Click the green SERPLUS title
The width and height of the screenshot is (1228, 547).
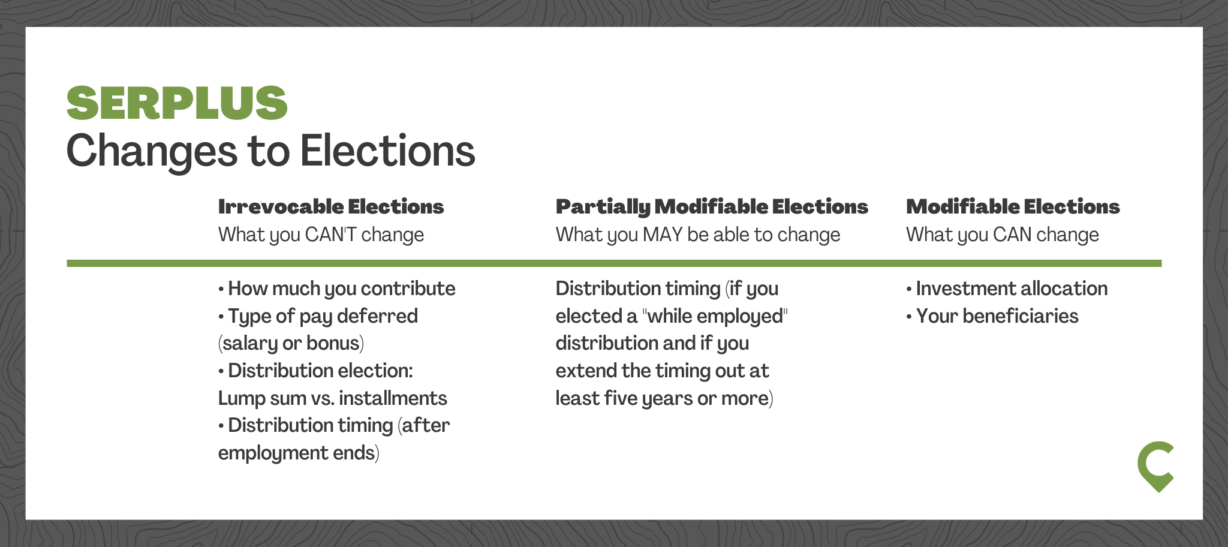pos(177,103)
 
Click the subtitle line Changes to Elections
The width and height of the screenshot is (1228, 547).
pos(270,151)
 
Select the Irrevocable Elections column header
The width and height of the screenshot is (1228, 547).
pos(331,207)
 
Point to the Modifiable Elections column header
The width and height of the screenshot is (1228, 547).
pos(1013,207)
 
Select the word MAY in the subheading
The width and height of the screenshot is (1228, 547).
pos(663,235)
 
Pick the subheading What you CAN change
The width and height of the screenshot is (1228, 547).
pos(1003,235)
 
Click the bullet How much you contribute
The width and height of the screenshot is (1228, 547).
pos(337,289)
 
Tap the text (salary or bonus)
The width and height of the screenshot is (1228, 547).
pos(291,343)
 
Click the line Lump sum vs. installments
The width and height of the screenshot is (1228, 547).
pos(333,398)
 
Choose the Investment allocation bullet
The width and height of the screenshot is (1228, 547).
pos(1007,288)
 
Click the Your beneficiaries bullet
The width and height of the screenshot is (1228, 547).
pos(992,316)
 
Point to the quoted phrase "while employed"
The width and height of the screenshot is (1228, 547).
pos(715,316)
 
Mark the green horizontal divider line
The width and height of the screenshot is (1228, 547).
pos(614,263)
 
